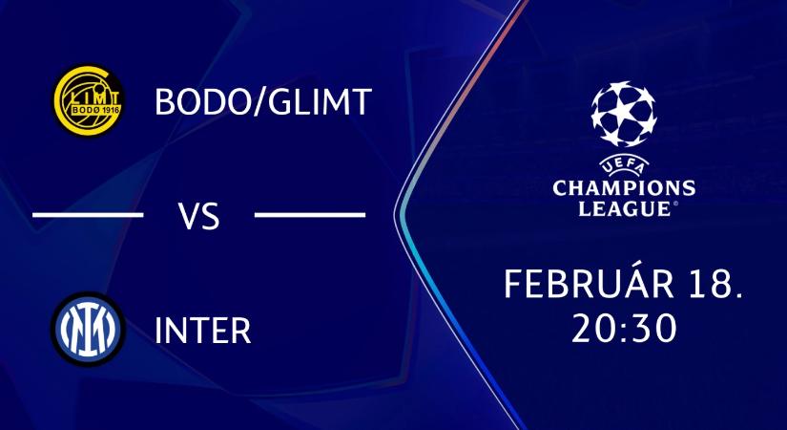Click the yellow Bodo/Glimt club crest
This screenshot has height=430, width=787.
point(88,102)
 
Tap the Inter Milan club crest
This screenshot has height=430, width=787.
point(88,330)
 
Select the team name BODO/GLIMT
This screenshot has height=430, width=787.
point(262,102)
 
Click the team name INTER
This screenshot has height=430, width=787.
point(202,331)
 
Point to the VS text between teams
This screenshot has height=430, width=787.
point(199,216)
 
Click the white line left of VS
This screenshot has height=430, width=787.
point(88,215)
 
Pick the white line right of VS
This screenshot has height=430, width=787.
point(311,215)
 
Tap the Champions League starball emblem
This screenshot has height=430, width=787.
point(624,116)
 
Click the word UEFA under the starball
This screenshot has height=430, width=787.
point(624,164)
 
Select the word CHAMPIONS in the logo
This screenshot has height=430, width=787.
point(624,186)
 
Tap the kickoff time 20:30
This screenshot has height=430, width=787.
point(624,328)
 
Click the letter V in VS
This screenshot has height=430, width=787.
point(189,216)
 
